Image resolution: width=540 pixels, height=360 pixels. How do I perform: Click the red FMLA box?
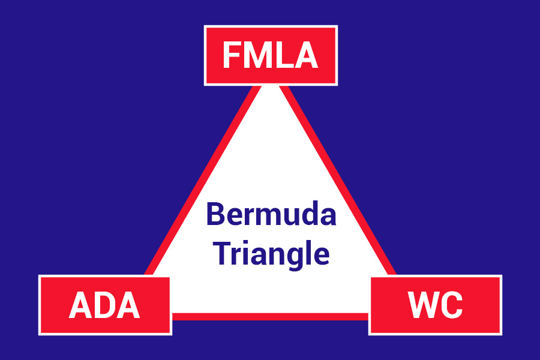point(271,55)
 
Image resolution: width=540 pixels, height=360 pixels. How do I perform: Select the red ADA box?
point(105,305)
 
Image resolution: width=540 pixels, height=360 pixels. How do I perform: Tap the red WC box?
point(435,305)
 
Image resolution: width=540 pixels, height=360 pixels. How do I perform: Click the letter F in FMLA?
point(231,56)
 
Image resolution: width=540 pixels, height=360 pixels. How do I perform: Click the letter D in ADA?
point(105,305)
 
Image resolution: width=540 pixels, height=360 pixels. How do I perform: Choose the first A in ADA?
point(80,305)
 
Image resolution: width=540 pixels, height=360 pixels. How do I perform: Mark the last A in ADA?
point(128,305)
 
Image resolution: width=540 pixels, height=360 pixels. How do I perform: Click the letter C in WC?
point(451,305)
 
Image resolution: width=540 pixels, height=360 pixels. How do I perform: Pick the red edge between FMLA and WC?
point(339,180)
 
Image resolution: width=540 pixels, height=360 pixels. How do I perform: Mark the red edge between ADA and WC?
point(270,316)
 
